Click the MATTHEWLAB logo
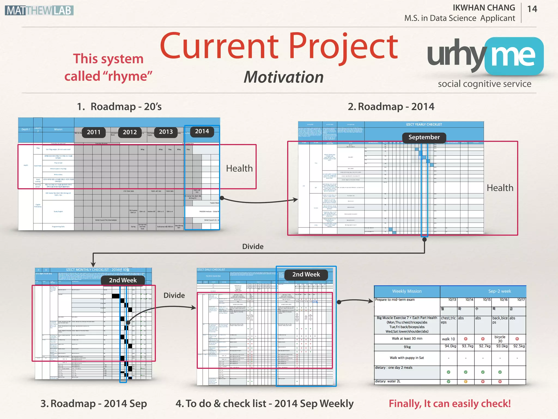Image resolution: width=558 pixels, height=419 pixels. point(39,10)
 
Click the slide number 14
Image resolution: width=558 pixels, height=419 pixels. point(532,9)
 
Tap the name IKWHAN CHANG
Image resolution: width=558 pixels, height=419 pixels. point(484,8)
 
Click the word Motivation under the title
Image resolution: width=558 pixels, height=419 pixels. point(283,77)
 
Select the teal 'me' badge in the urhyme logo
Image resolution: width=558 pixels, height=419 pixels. point(514,56)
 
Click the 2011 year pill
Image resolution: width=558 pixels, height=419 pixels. point(93,132)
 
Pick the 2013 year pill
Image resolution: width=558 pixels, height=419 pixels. point(166,132)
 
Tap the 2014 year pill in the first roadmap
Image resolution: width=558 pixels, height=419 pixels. point(202,131)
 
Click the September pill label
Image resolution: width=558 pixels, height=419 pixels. point(424,137)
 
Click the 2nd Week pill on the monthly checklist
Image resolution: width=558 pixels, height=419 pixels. point(123,280)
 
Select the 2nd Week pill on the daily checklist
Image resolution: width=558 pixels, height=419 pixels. point(306,274)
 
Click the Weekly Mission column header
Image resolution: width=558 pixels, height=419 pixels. point(407,291)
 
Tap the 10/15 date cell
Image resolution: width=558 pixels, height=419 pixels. point(487,300)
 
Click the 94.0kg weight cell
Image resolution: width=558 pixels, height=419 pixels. point(450,346)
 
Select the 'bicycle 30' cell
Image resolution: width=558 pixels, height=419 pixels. point(500,339)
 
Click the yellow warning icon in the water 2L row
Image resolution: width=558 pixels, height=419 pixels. point(466,382)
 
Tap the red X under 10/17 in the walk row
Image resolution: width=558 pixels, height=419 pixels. point(517,339)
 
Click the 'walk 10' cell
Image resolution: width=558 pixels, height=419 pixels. point(448,339)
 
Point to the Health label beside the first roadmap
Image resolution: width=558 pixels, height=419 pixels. point(239,168)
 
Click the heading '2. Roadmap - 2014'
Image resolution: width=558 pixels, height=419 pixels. point(391,107)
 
